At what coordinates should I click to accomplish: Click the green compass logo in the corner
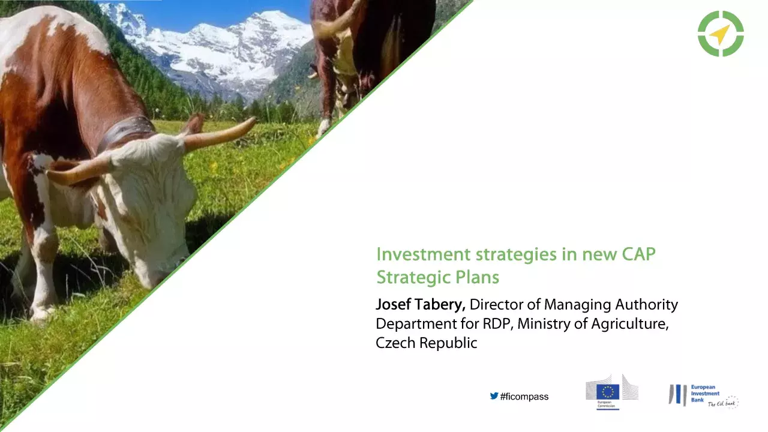[x=721, y=34]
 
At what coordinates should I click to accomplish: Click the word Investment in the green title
[x=424, y=254]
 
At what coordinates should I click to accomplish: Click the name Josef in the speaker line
[x=393, y=305]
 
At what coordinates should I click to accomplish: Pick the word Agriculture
[x=631, y=324]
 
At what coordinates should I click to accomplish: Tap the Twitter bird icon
[x=494, y=396]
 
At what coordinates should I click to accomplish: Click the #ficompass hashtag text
[x=524, y=397]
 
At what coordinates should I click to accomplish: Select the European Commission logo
[x=611, y=392]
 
